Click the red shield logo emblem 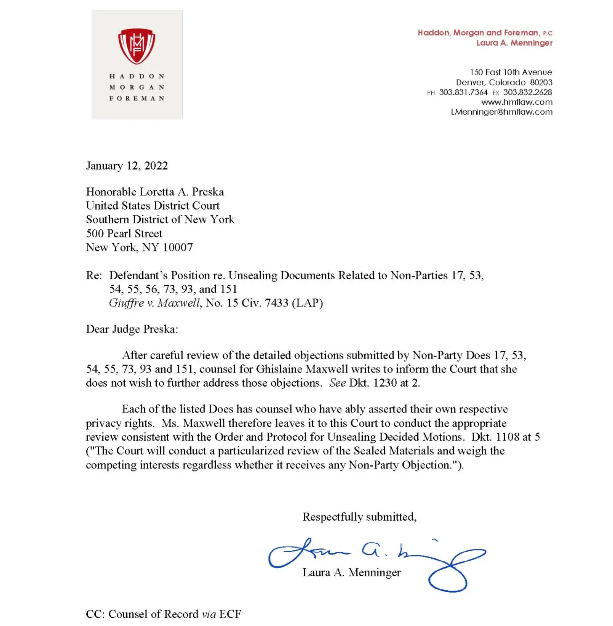pyautogui.click(x=137, y=46)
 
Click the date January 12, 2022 pyautogui.click(x=127, y=166)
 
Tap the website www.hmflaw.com pyautogui.click(x=517, y=102)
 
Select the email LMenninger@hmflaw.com pyautogui.click(x=501, y=112)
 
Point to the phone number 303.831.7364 pyautogui.click(x=463, y=92)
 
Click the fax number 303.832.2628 pyautogui.click(x=528, y=92)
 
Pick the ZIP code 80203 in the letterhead pyautogui.click(x=541, y=82)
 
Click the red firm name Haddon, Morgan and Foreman pyautogui.click(x=478, y=32)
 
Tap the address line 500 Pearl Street pyautogui.click(x=124, y=234)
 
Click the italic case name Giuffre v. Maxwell pyautogui.click(x=155, y=303)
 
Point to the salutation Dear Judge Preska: pyautogui.click(x=132, y=329)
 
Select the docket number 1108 pyautogui.click(x=507, y=437)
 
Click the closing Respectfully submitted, pyautogui.click(x=360, y=517)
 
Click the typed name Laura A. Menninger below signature pyautogui.click(x=352, y=572)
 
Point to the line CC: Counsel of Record pyautogui.click(x=163, y=614)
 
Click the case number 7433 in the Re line pyautogui.click(x=276, y=303)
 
